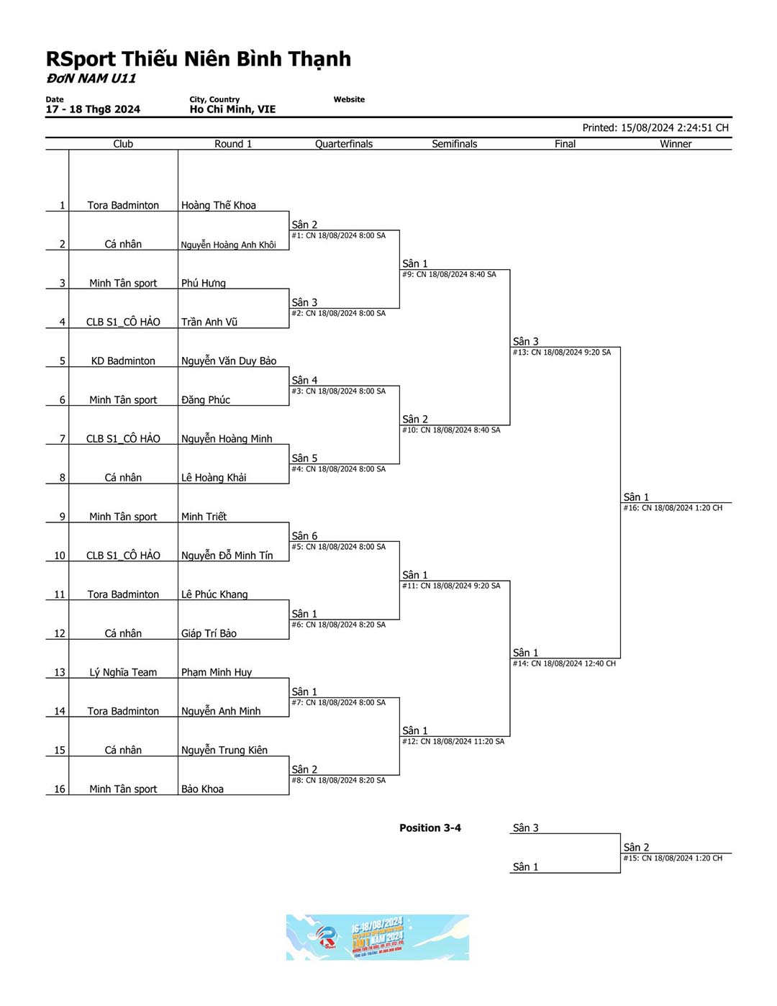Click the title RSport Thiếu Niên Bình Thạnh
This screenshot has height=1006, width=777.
pyautogui.click(x=199, y=59)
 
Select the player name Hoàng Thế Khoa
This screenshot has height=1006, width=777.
pyautogui.click(x=218, y=205)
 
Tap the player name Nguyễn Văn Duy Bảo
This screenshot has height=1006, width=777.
pyautogui.click(x=229, y=361)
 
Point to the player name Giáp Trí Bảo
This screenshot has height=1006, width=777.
pyautogui.click(x=209, y=633)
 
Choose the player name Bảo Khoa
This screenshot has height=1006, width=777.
pyautogui.click(x=202, y=789)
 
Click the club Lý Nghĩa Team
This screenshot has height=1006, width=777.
pyautogui.click(x=123, y=672)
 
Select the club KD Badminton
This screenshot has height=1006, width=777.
pyautogui.click(x=123, y=361)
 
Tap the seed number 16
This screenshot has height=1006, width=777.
pyautogui.click(x=60, y=789)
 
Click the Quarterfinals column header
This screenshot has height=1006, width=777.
pyautogui.click(x=344, y=144)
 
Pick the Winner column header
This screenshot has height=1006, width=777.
pyautogui.click(x=676, y=144)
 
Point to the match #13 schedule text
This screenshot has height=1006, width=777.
pyautogui.click(x=562, y=353)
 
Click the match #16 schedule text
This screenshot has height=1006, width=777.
pyautogui.click(x=673, y=508)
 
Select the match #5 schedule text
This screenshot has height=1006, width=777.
pyautogui.click(x=338, y=547)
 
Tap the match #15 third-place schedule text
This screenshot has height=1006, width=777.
pyautogui.click(x=673, y=858)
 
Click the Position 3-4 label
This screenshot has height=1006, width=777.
pyautogui.click(x=430, y=828)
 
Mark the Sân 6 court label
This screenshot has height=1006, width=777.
pyautogui.click(x=304, y=536)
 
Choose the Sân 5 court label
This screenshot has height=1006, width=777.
pyautogui.click(x=304, y=458)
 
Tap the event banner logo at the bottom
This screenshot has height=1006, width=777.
pyautogui.click(x=377, y=937)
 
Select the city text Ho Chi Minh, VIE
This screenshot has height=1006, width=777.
pyautogui.click(x=232, y=109)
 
